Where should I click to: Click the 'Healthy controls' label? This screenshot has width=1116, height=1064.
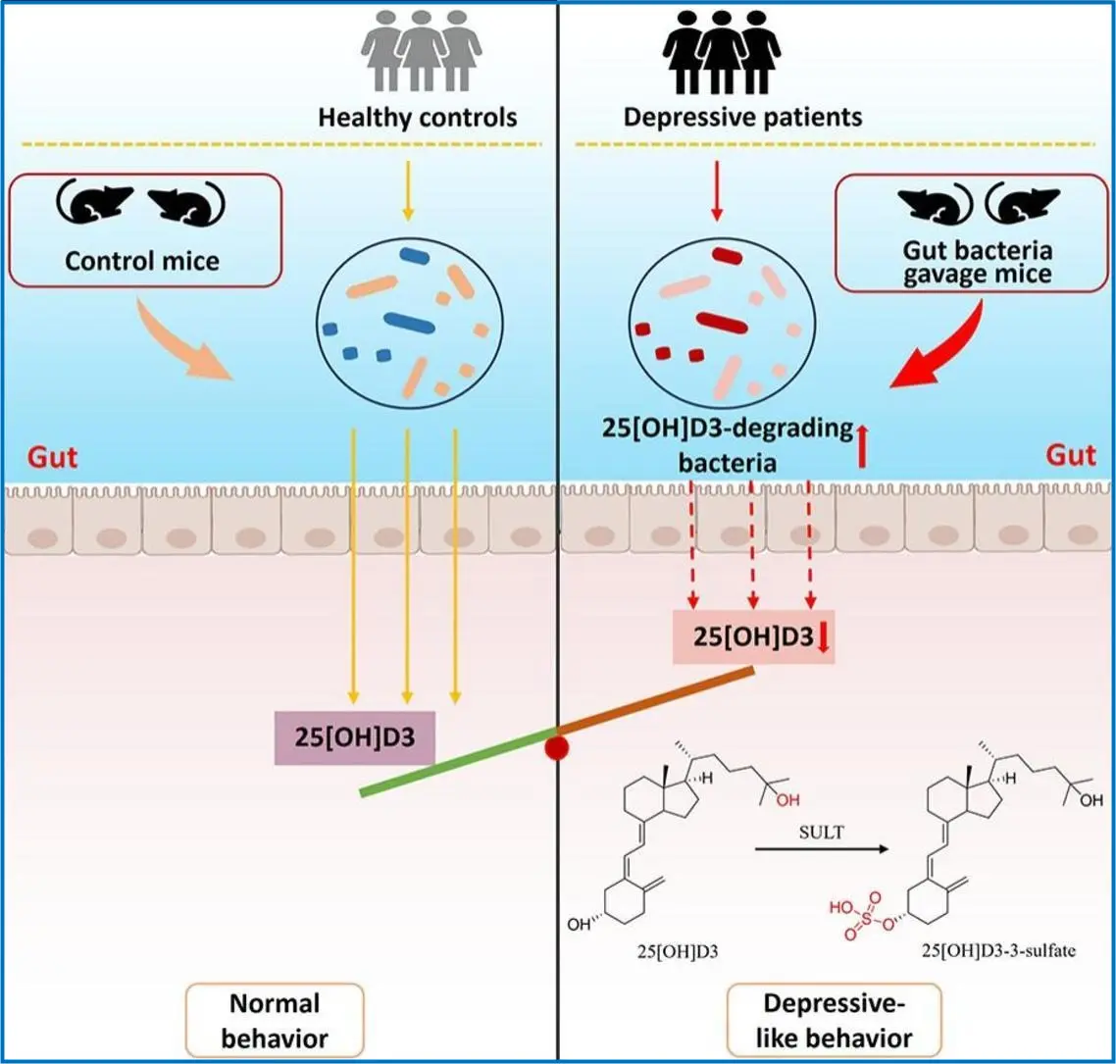tap(417, 117)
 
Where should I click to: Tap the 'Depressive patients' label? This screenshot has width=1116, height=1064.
tap(742, 117)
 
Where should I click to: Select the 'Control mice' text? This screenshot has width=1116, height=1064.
tap(142, 261)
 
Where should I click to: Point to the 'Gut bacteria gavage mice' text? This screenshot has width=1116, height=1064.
tap(977, 262)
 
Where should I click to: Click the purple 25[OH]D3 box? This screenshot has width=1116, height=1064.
tap(354, 737)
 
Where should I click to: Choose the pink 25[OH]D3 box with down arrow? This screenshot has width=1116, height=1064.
tap(754, 636)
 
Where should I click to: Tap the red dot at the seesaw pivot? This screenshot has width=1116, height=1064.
tap(557, 748)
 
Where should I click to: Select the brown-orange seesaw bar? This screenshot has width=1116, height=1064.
tap(655, 701)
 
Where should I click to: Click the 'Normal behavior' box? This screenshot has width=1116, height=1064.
tap(275, 1021)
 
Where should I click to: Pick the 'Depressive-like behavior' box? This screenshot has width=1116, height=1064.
tap(835, 1021)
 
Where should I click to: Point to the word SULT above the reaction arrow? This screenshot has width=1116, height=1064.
tap(822, 832)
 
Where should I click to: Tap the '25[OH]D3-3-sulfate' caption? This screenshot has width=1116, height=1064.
tap(998, 950)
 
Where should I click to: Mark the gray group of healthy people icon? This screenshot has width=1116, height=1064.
tap(421, 51)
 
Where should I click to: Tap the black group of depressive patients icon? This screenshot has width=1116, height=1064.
tap(721, 53)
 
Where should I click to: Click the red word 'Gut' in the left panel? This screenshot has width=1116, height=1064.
tap(53, 457)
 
